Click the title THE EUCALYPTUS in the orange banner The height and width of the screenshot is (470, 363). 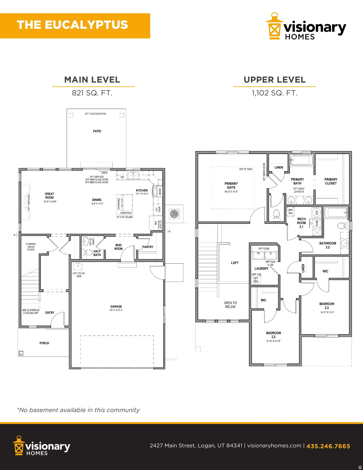72,25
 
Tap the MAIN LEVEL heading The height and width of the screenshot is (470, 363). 92,80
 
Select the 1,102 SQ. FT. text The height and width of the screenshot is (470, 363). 274,93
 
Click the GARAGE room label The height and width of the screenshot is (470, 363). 116,307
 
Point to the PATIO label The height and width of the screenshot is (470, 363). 97,131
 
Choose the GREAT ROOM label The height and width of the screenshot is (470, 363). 50,196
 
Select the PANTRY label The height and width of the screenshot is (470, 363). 148,247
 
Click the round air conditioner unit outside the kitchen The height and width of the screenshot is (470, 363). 174,214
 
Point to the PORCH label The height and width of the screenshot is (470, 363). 44,343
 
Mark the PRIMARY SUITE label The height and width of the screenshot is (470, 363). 231,185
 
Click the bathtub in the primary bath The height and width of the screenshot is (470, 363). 302,160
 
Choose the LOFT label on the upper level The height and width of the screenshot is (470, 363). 235,263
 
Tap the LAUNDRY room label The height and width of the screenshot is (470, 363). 261,269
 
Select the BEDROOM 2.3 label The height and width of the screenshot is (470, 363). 327,306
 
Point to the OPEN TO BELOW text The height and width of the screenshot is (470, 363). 230,305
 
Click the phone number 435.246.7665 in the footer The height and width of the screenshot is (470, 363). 328,446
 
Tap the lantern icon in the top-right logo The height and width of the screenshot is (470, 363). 274,27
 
